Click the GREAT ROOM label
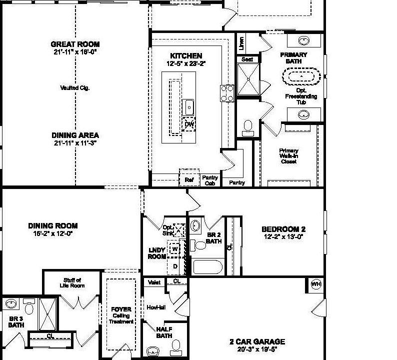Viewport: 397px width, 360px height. (75, 44)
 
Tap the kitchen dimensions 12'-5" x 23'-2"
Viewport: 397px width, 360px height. (186, 63)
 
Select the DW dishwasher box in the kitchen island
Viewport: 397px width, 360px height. (189, 124)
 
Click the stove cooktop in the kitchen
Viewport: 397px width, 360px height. (227, 92)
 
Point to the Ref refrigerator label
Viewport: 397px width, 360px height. (189, 179)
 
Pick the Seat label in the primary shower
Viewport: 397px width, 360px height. (247, 59)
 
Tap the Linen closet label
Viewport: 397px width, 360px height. (241, 44)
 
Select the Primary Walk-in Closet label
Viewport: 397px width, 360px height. (288, 156)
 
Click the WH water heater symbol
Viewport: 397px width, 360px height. (316, 284)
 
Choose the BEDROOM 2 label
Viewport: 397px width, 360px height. (283, 229)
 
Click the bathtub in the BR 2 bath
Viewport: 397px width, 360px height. (208, 266)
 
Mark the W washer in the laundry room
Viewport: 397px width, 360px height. (175, 248)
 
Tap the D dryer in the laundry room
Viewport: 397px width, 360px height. (175, 266)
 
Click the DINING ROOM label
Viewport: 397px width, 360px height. (53, 226)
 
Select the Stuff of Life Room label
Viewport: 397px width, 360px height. (72, 283)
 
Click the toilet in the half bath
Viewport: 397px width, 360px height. (175, 346)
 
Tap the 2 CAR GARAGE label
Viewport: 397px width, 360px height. (257, 342)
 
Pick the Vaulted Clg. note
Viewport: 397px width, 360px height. (74, 88)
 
